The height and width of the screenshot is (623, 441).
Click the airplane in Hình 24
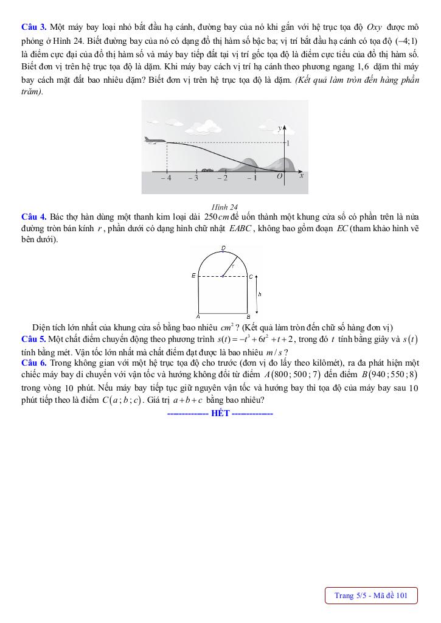coord(155,141)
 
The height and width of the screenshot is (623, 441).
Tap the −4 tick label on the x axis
coord(166,178)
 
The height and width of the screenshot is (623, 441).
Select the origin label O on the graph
coord(279,177)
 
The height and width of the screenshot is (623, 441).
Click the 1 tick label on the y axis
coord(288,143)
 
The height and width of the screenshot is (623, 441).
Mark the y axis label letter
coord(279,128)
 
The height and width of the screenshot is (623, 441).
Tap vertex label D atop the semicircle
coord(223,248)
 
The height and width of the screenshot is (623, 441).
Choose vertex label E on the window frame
coord(193,276)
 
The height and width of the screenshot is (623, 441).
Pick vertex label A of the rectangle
coord(198,316)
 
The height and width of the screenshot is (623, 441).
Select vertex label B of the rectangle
coord(248,316)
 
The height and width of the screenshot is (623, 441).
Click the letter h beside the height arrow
coord(260,294)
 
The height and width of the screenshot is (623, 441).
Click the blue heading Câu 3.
coord(33,27)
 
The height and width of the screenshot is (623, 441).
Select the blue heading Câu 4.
coord(33,217)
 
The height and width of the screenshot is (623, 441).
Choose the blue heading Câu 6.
coord(33,362)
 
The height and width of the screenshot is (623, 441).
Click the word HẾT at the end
coord(220,414)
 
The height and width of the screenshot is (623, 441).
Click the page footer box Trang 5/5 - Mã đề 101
coord(370,596)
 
